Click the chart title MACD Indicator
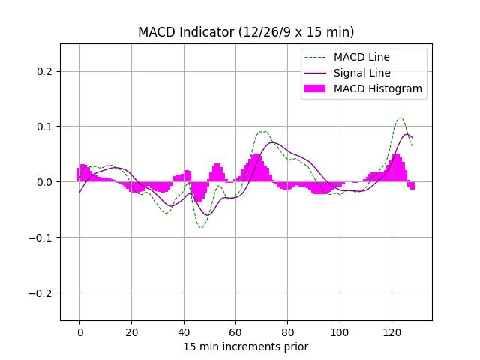246,32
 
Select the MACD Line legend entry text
361,57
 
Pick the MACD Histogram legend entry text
377,88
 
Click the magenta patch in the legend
316,88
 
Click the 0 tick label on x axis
79,332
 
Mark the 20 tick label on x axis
131,332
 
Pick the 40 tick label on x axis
184,332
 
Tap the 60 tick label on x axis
235,332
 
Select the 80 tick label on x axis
287,332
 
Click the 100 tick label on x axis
340,332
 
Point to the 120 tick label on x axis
391,332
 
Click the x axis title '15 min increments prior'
246,346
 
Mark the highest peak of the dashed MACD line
400,118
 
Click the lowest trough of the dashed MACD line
200,227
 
